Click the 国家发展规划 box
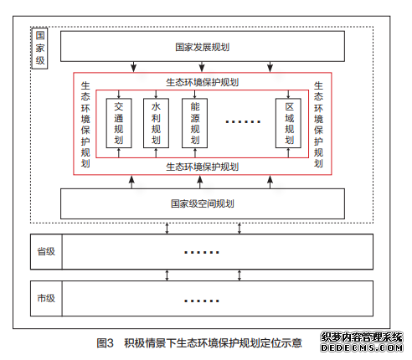click(203, 46)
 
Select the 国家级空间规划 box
click(203, 203)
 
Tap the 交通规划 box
click(119, 123)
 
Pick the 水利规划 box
click(156, 123)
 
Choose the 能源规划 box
click(194, 123)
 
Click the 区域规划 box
click(288, 123)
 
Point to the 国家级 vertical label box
click(40, 49)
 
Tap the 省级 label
click(46, 251)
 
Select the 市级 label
click(46, 298)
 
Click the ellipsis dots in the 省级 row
click(202, 252)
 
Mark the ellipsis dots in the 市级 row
click(202, 301)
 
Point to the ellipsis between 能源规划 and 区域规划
click(243, 121)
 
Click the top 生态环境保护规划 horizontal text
click(203, 82)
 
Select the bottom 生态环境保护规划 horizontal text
click(203, 167)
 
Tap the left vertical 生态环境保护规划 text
click(85, 125)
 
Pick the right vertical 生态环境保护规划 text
click(318, 125)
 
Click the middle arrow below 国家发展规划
click(202, 67)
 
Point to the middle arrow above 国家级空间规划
click(200, 182)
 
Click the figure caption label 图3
click(105, 343)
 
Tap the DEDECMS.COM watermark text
click(362, 347)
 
